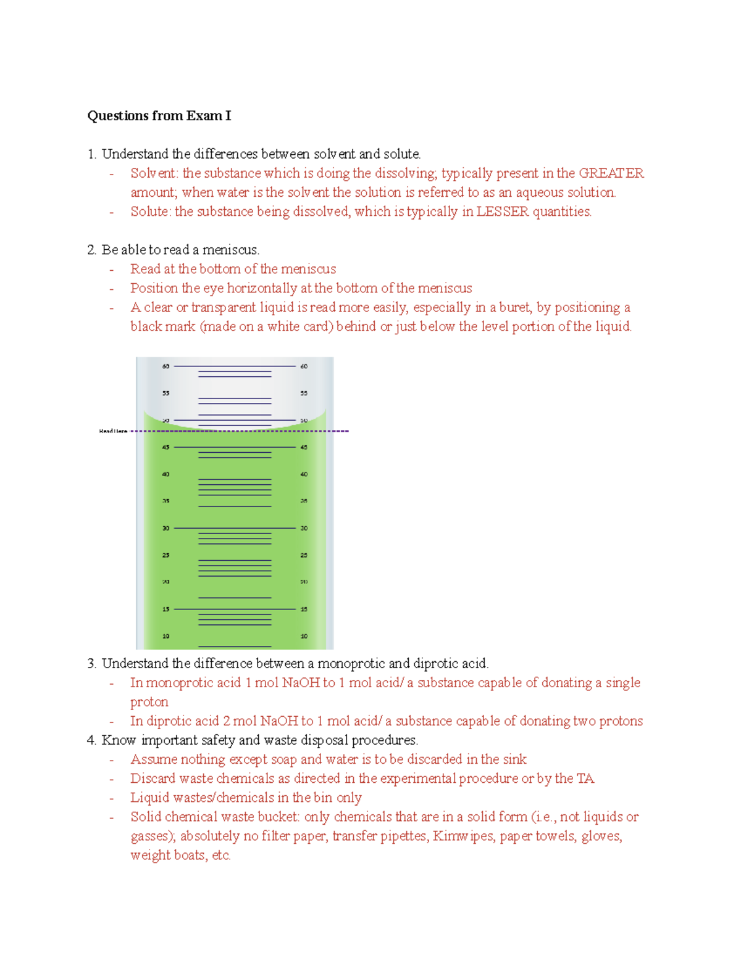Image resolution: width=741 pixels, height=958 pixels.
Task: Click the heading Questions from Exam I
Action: pos(159,116)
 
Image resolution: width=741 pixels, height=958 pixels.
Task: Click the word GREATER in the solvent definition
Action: pos(611,173)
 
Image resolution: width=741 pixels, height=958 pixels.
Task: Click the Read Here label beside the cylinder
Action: pos(113,431)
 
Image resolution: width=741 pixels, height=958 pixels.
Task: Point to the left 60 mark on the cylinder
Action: pos(165,366)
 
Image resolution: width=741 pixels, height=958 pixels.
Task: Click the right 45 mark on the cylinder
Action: pos(304,447)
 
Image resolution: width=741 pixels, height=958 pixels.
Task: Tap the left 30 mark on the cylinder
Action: pos(165,529)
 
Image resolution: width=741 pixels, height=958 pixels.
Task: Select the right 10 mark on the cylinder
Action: pos(304,636)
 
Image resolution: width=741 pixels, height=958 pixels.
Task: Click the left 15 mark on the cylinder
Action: pos(165,609)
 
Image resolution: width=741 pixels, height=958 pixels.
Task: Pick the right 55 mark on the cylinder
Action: pos(304,394)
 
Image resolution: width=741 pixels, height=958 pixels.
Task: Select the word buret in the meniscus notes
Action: pos(514,308)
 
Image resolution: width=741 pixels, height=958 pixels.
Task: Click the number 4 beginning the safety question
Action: pos(91,740)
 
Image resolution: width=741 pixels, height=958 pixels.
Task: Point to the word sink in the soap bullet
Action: pos(514,759)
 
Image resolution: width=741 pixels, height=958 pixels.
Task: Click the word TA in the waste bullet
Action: pos(585,778)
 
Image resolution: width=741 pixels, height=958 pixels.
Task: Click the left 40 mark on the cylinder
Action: pos(165,474)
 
